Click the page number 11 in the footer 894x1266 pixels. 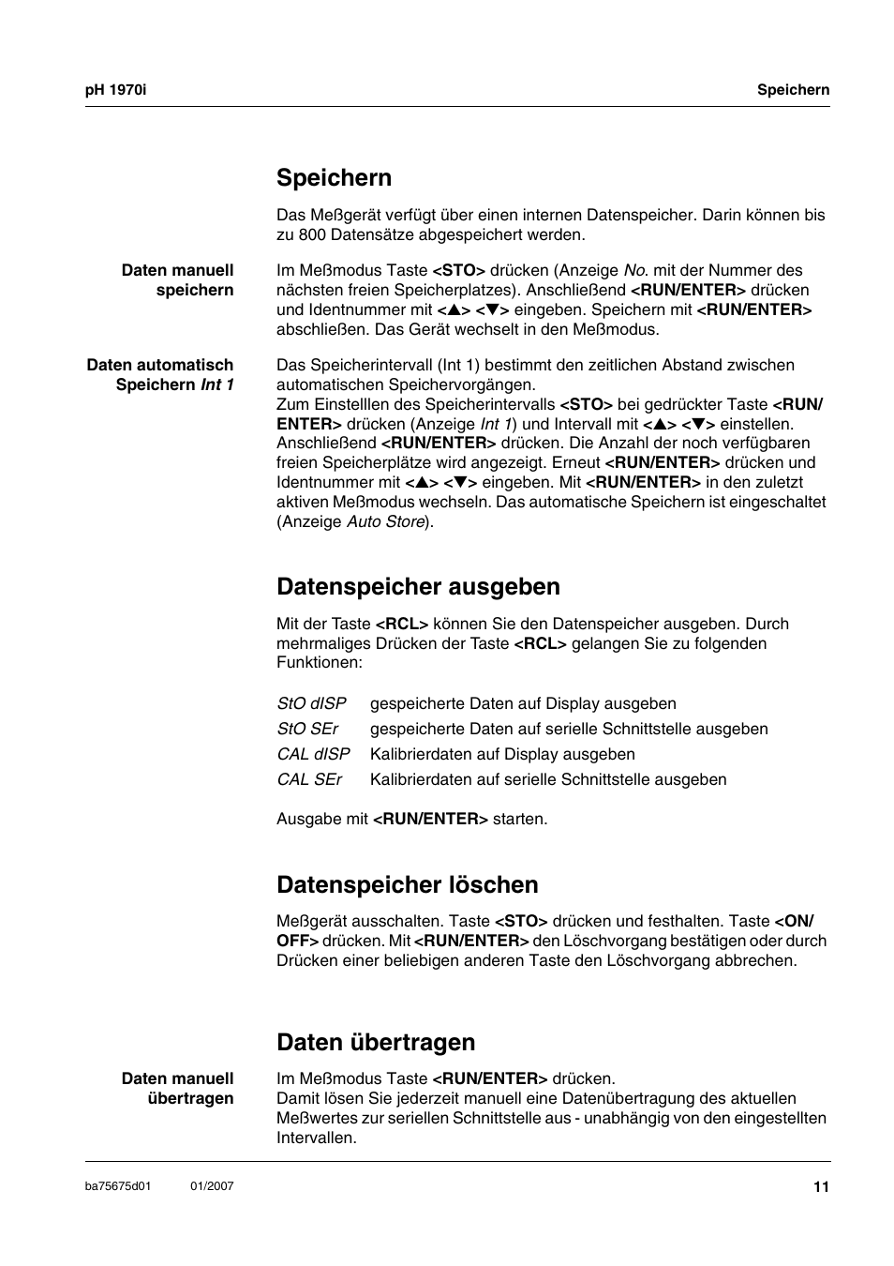(x=821, y=1187)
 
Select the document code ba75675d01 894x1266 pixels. (x=118, y=1186)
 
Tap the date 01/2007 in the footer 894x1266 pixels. (x=212, y=1186)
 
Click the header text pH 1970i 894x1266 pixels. (x=116, y=90)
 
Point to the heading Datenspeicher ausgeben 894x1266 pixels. (x=418, y=587)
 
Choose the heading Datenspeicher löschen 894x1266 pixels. (x=407, y=885)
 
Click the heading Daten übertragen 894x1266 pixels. (x=376, y=1043)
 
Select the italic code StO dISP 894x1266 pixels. (x=311, y=703)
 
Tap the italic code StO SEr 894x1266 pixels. (x=307, y=729)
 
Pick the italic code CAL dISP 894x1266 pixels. (x=313, y=754)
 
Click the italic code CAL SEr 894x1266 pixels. (x=309, y=779)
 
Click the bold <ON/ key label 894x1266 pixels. (x=794, y=921)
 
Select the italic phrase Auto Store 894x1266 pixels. (x=385, y=521)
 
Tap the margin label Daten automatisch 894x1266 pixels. (x=160, y=365)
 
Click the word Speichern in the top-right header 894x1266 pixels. (x=793, y=90)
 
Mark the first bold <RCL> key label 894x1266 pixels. (x=401, y=624)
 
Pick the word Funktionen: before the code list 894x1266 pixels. (x=319, y=662)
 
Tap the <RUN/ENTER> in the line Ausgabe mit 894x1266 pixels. (x=430, y=819)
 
